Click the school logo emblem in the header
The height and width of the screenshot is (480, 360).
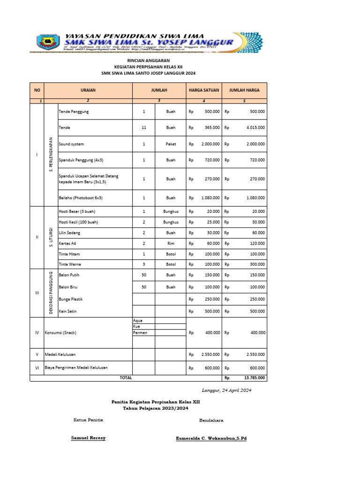tap(47, 43)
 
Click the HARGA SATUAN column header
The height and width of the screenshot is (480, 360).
tap(204, 90)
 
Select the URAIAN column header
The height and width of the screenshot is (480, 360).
tap(88, 90)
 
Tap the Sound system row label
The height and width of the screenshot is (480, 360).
tap(71, 144)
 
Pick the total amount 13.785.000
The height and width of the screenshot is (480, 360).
tap(254, 377)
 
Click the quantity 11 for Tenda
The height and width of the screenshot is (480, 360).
tap(144, 127)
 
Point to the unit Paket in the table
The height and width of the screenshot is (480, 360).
tap(171, 144)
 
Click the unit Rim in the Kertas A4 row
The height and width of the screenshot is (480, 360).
tap(171, 243)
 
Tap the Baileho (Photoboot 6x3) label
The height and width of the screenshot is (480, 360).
tap(80, 198)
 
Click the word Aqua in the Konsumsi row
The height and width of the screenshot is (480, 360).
tap(138, 320)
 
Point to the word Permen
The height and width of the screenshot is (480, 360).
tap(141, 332)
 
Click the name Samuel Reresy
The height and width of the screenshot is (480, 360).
tap(88, 438)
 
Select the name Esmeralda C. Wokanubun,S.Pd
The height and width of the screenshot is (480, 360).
tap(211, 438)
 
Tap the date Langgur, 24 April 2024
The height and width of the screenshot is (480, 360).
tap(227, 390)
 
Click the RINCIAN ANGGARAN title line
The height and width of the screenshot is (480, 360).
tap(149, 61)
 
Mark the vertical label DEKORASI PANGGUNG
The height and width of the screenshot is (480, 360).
tap(50, 293)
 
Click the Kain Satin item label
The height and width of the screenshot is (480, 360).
tap(68, 311)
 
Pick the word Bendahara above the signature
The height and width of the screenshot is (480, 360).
tap(211, 420)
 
